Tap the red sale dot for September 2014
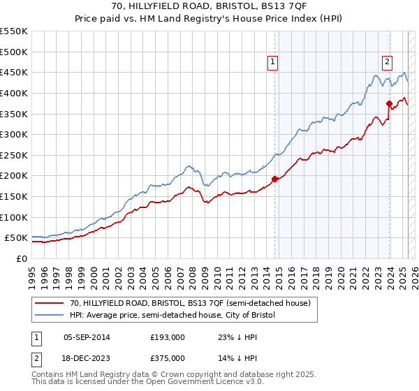[x=274, y=179]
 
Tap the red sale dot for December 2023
[x=389, y=103]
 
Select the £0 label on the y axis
[x=22, y=258]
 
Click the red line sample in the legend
[x=50, y=303]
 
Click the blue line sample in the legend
[x=50, y=316]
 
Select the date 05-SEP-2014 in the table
[x=87, y=337]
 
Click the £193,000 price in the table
[x=168, y=337]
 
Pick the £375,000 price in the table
[x=168, y=358]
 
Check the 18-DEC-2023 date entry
[x=87, y=358]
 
